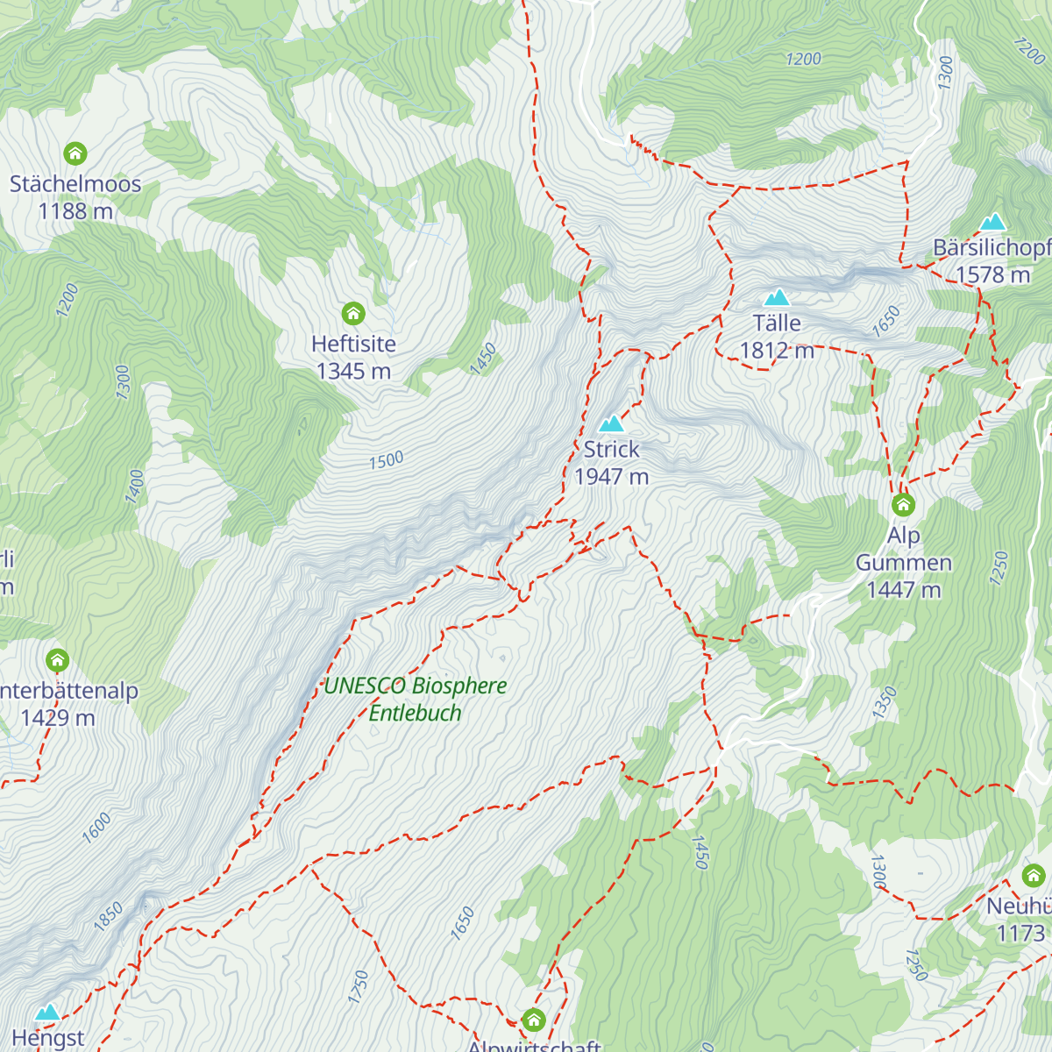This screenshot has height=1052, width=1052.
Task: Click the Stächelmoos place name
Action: pyautogui.click(x=75, y=184)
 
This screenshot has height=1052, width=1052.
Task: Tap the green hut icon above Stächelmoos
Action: pyautogui.click(x=75, y=154)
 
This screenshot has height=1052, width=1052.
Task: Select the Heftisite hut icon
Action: pyautogui.click(x=353, y=314)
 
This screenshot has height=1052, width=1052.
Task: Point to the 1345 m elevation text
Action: pyautogui.click(x=353, y=372)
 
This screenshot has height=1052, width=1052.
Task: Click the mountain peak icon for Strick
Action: pyautogui.click(x=611, y=424)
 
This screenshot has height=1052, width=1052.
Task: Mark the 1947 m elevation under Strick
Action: pyautogui.click(x=611, y=477)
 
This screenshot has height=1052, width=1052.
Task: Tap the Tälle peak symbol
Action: pyautogui.click(x=777, y=297)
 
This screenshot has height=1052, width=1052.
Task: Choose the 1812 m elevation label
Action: pyautogui.click(x=777, y=351)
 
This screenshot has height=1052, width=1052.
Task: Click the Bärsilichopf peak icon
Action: pyautogui.click(x=992, y=222)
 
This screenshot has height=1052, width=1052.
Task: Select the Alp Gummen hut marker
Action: pyautogui.click(x=903, y=505)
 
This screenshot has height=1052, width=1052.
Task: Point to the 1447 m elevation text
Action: pyautogui.click(x=903, y=590)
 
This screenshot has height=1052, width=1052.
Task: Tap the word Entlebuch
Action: pyautogui.click(x=415, y=714)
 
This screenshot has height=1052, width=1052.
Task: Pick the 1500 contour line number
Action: pyautogui.click(x=386, y=460)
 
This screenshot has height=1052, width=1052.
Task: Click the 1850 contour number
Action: pyautogui.click(x=109, y=915)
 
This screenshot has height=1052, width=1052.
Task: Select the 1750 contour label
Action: pyautogui.click(x=358, y=987)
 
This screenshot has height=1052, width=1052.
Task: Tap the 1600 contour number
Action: pyautogui.click(x=96, y=828)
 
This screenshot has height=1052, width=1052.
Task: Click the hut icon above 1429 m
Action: pyautogui.click(x=58, y=660)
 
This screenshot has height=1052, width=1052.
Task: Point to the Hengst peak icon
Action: pyautogui.click(x=47, y=1013)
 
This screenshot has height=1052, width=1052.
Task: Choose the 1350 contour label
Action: pyautogui.click(x=885, y=703)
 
